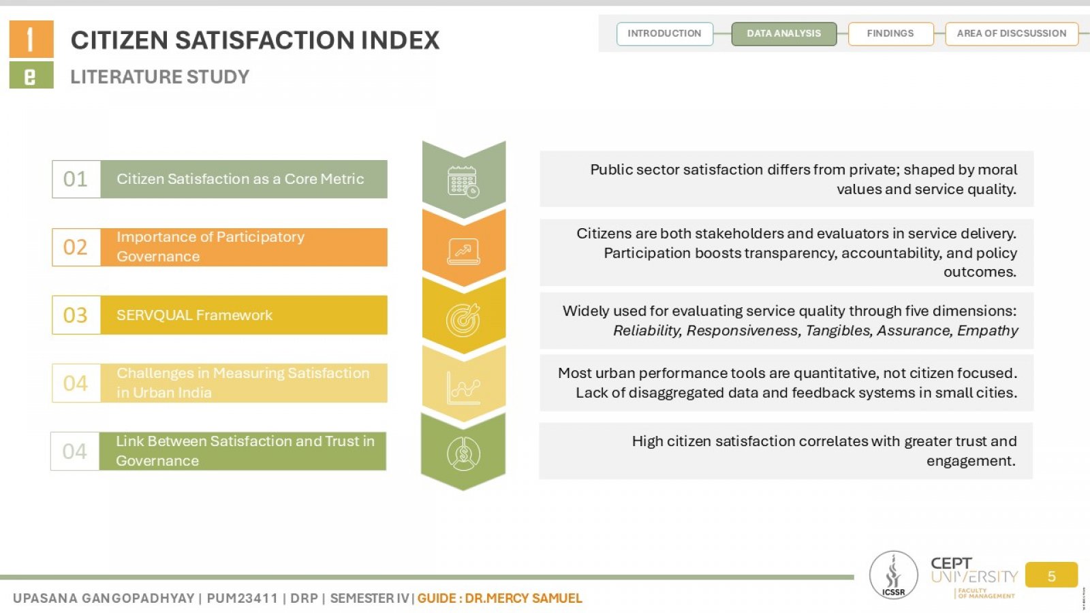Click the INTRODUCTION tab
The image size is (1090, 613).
(x=665, y=33)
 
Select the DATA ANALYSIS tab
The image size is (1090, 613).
(x=784, y=33)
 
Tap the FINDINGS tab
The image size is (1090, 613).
(x=890, y=33)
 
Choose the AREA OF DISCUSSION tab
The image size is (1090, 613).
(x=1012, y=33)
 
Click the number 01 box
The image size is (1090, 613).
(x=76, y=179)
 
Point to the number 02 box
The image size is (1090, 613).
(x=76, y=247)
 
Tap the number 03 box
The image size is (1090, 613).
(x=76, y=315)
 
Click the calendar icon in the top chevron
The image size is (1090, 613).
(x=463, y=182)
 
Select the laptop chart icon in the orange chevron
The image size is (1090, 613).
(x=463, y=251)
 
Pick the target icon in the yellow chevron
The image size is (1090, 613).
(x=463, y=319)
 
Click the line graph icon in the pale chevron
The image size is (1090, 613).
(x=463, y=388)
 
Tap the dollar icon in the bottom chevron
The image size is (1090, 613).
(x=463, y=454)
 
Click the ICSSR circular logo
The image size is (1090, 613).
(x=893, y=575)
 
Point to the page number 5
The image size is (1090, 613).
(x=1052, y=576)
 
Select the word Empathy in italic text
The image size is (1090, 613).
(x=987, y=331)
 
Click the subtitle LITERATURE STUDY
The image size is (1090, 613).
(x=159, y=77)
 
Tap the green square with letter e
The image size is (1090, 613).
(x=31, y=76)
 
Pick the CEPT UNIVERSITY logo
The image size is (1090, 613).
(x=974, y=576)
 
